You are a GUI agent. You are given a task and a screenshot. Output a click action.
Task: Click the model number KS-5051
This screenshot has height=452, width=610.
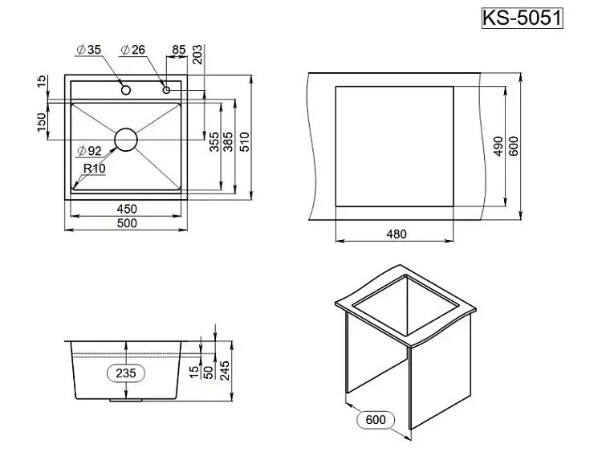point(521,18)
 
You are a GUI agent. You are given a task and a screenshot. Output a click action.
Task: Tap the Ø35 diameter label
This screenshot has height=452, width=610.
point(89,50)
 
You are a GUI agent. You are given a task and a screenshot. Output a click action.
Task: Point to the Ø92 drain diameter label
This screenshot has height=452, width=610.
point(90,151)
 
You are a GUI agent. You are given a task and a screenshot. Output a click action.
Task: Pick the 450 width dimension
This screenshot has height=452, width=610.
point(127,209)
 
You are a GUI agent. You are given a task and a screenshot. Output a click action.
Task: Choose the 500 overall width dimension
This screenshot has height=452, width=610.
point(127,224)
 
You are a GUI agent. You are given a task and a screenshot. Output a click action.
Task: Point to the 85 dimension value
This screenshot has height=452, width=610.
point(178,50)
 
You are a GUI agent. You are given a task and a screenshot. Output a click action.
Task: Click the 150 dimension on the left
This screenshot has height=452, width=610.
point(41,123)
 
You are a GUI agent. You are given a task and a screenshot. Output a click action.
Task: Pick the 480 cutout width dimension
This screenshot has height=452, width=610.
point(396,234)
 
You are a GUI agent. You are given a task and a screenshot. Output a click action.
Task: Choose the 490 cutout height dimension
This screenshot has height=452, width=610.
point(498,147)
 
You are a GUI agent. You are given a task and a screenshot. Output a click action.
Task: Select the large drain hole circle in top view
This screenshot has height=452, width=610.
point(126,140)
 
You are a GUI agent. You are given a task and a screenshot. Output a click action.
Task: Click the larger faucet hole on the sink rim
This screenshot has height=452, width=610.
point(126,88)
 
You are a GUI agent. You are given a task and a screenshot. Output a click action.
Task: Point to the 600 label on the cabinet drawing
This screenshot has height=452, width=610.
point(375,419)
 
